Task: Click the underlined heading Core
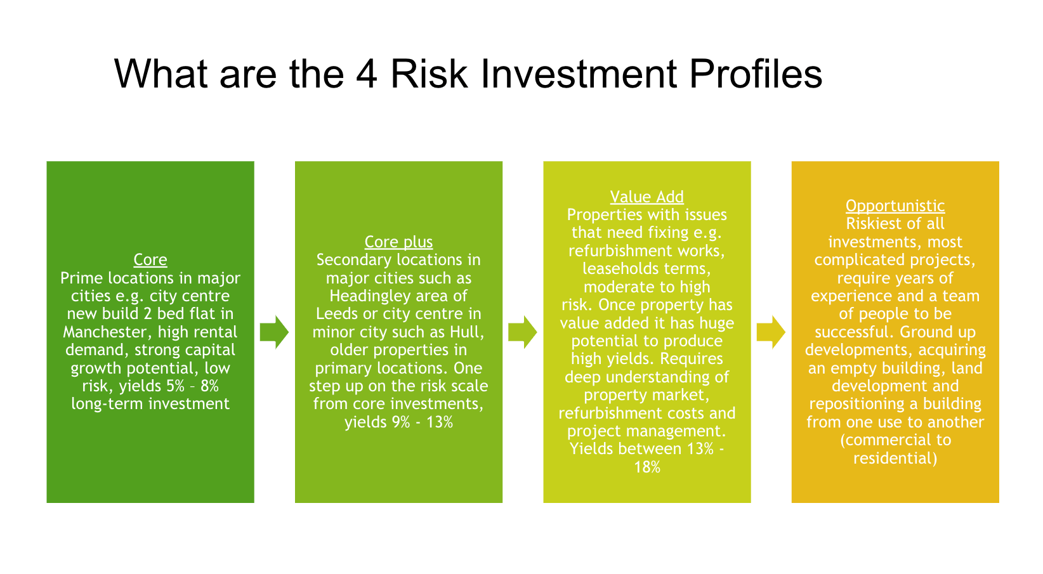(x=150, y=260)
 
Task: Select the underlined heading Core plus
(x=398, y=242)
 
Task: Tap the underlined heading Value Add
(x=646, y=197)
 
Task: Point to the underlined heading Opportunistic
(x=895, y=206)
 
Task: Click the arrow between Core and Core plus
(x=274, y=332)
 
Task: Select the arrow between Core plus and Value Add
(x=522, y=332)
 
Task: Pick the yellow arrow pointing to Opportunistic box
(x=771, y=332)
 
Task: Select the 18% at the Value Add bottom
(x=646, y=468)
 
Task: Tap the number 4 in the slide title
(x=367, y=74)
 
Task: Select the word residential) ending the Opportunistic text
(x=895, y=459)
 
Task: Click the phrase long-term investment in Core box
(x=150, y=404)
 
